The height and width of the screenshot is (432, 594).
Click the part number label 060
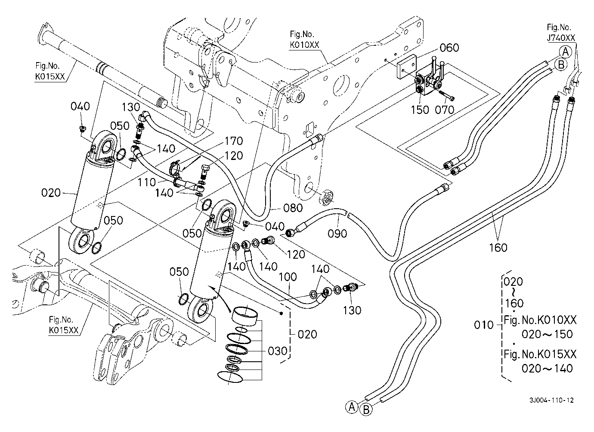449,47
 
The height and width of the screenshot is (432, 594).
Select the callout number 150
420,110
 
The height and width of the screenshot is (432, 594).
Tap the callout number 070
445,110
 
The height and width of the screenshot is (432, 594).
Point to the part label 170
233,141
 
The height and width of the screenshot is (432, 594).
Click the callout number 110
147,182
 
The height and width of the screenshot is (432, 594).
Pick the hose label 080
293,208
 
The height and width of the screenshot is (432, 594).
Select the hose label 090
337,233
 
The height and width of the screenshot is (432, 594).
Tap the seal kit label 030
277,351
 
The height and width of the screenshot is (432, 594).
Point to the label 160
498,247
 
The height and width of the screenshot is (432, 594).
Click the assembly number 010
483,325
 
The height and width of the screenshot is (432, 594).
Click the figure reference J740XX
561,38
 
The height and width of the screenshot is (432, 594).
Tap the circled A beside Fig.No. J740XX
566,53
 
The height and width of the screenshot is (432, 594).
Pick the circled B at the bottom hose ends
366,410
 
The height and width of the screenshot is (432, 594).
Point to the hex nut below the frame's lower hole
327,197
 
